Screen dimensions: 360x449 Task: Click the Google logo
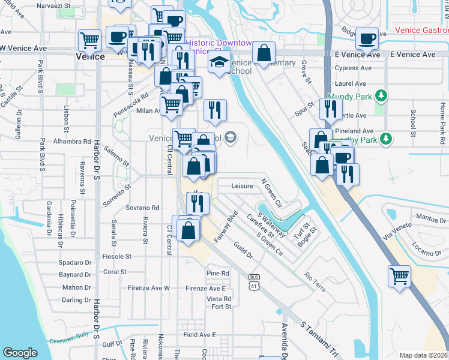(x=20, y=352)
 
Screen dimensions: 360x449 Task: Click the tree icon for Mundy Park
(x=380, y=95)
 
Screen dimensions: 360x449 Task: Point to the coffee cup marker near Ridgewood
(x=367, y=39)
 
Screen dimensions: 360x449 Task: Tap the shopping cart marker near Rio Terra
(x=399, y=277)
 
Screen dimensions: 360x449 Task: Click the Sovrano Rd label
(x=142, y=208)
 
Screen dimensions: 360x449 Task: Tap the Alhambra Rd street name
(x=71, y=142)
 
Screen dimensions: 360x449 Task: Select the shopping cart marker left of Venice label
(x=89, y=41)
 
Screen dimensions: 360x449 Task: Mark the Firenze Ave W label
(x=149, y=289)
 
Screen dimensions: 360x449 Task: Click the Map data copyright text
(x=424, y=355)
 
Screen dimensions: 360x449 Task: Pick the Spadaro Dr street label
(x=75, y=263)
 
